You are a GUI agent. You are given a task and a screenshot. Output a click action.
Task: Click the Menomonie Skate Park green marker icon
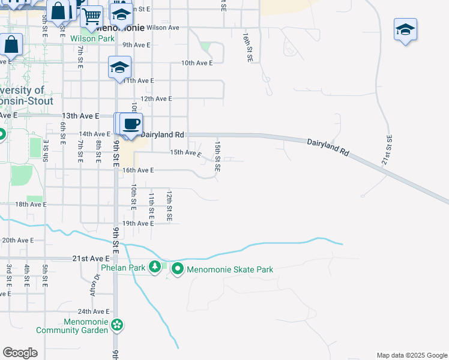point(178,269)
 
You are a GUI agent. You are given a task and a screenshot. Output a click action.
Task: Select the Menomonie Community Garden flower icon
point(117,325)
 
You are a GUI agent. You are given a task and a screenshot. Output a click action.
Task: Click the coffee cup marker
point(131,124)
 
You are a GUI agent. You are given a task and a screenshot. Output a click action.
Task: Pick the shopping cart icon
point(92,16)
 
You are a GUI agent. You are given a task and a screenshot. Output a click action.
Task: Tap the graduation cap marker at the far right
point(405,29)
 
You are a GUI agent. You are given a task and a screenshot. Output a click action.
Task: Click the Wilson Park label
point(92,38)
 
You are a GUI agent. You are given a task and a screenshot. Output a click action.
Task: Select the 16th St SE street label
point(247,47)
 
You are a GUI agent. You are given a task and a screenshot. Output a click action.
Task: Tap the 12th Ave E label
point(156,98)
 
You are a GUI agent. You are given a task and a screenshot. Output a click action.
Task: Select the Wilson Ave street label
point(163,28)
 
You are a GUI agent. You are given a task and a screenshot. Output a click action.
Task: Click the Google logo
point(20,353)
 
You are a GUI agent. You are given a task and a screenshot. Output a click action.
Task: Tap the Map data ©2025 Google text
point(411,355)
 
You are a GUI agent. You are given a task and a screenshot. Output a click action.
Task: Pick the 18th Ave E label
point(31,205)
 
